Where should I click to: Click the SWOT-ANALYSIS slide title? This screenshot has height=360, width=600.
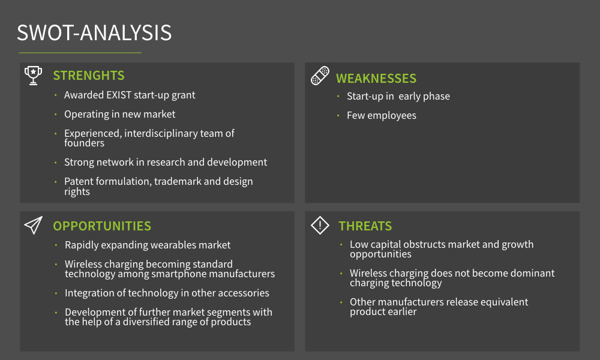pyautogui.click(x=94, y=32)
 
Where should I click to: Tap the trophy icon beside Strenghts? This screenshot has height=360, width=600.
pyautogui.click(x=33, y=75)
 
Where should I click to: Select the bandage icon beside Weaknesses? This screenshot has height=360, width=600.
pyautogui.click(x=320, y=76)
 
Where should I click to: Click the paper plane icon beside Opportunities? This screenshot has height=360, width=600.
pyautogui.click(x=33, y=226)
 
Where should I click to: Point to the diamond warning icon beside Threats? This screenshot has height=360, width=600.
pyautogui.click(x=320, y=226)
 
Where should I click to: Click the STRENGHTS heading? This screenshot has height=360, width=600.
pyautogui.click(x=89, y=76)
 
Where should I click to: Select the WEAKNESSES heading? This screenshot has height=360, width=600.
pyautogui.click(x=376, y=79)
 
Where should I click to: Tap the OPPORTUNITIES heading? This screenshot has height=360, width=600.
pyautogui.click(x=102, y=226)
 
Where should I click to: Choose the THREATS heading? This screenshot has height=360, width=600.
pyautogui.click(x=365, y=226)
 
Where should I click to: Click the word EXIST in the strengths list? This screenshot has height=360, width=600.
pyautogui.click(x=119, y=95)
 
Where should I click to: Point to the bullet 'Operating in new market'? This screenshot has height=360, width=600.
pyautogui.click(x=120, y=114)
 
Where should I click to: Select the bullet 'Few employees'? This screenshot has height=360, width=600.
pyautogui.click(x=382, y=115)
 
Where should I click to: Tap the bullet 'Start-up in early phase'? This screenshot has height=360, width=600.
pyautogui.click(x=398, y=96)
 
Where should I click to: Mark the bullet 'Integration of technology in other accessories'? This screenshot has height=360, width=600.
pyautogui.click(x=167, y=293)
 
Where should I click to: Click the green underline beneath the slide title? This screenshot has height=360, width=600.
pyautogui.click(x=80, y=53)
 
